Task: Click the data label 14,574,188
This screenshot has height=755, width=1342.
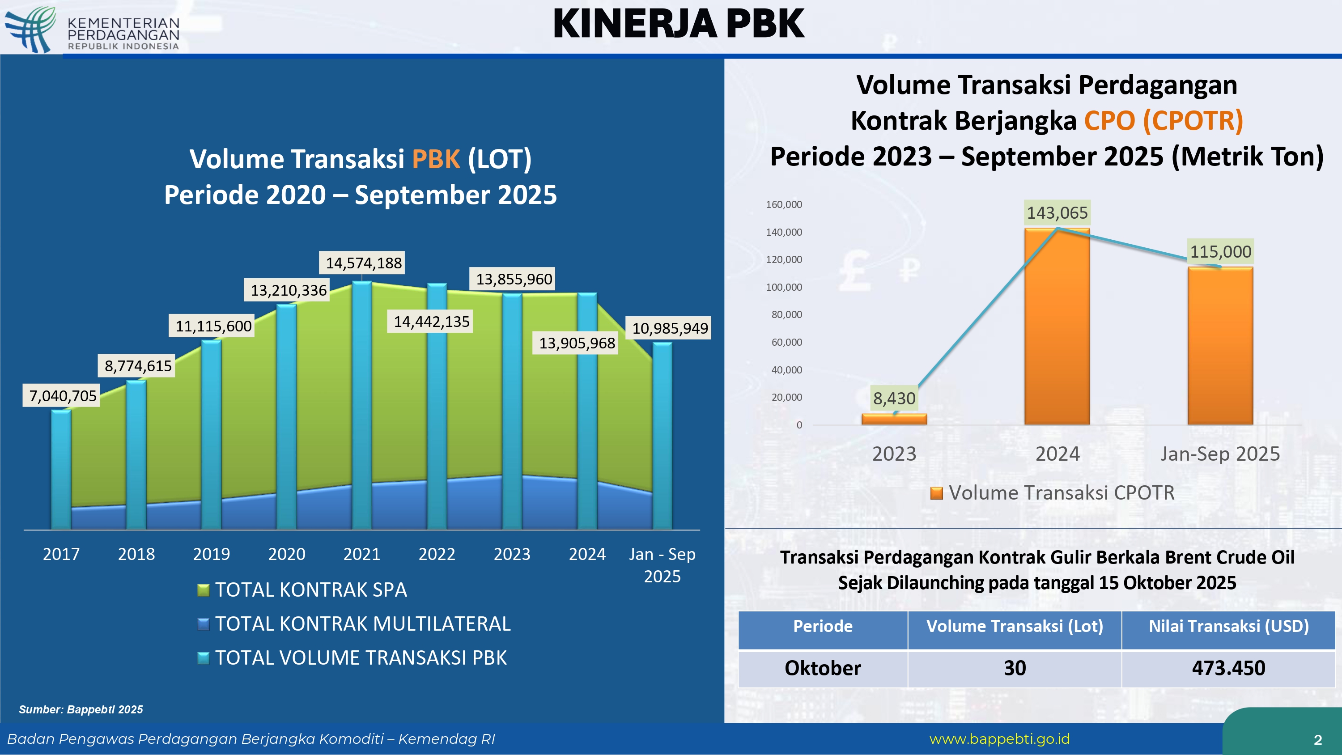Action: tap(364, 263)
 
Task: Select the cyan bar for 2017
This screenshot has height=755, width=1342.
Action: tap(61, 469)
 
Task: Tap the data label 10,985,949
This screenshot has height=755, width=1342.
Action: tap(670, 328)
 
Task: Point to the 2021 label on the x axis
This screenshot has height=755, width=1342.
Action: tap(361, 554)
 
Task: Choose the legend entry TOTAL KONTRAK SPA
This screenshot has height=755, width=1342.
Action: tap(310, 590)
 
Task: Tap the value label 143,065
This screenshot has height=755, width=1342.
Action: tap(1057, 212)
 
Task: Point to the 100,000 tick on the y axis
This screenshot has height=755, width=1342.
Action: tap(784, 287)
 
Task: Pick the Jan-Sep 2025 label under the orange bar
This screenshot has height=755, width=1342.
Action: tap(1219, 454)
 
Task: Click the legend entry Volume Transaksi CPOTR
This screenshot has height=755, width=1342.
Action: tap(1061, 493)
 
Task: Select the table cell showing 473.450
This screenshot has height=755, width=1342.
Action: tap(1228, 668)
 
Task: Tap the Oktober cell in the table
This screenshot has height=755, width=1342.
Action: tap(823, 668)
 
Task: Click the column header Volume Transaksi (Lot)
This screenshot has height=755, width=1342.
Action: tap(1014, 626)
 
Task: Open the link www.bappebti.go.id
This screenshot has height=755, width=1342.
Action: tap(999, 739)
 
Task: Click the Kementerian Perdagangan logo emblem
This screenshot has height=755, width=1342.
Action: tap(31, 29)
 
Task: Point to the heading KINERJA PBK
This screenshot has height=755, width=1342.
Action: tap(678, 24)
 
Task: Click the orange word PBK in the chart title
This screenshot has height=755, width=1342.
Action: tap(436, 159)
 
